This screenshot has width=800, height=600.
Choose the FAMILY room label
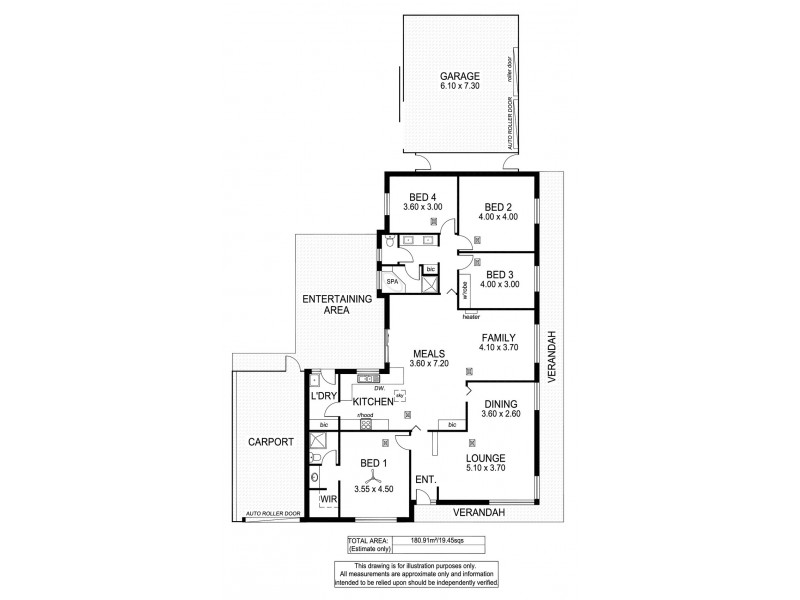[497, 338]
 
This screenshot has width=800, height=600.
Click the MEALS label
[430, 353]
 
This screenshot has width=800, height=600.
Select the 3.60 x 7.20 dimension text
[430, 364]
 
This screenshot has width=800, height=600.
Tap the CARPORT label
[270, 441]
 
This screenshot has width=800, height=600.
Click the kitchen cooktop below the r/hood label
[365, 424]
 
